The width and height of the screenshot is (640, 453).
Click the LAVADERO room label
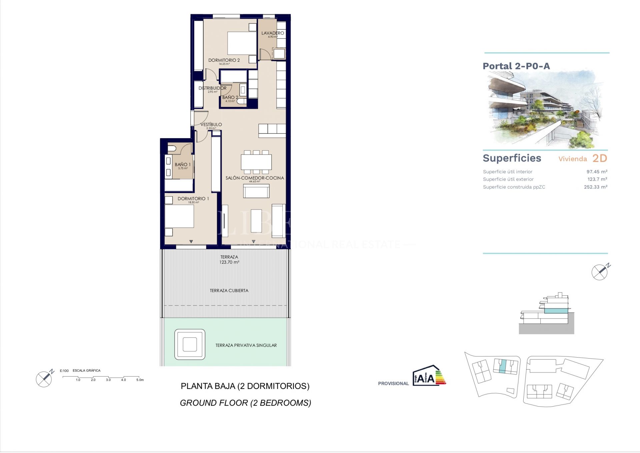click(272, 33)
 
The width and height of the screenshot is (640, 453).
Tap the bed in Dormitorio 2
click(242, 43)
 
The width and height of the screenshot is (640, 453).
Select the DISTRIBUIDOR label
click(212, 88)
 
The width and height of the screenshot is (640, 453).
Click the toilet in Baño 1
click(172, 149)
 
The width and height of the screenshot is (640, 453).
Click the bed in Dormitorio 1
click(179, 216)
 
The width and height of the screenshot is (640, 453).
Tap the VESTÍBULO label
click(211, 125)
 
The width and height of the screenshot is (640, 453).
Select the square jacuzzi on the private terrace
click(190, 344)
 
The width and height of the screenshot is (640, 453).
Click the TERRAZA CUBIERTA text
click(229, 291)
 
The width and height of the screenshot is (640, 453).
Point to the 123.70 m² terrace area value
click(229, 262)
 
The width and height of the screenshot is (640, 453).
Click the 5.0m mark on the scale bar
click(140, 380)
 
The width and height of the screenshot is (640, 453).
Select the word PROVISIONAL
click(393, 384)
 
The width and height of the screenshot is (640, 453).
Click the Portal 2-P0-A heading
click(516, 66)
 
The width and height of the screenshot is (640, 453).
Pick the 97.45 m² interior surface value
click(597, 172)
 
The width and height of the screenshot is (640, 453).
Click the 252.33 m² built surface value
click(595, 187)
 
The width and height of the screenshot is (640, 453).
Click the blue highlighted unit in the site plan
click(503, 366)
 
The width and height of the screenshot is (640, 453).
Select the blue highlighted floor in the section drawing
click(556, 311)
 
